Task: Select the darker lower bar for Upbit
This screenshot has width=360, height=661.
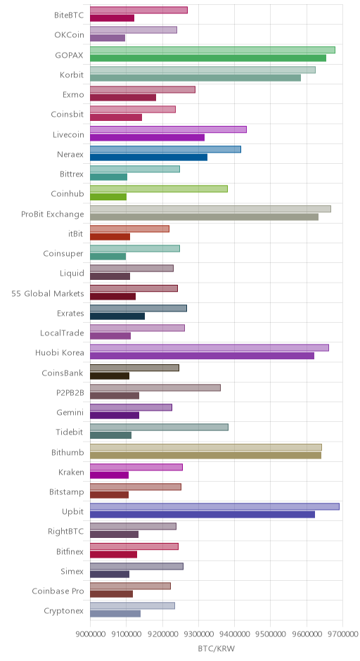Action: [202, 515]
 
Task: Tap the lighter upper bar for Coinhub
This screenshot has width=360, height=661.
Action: [159, 189]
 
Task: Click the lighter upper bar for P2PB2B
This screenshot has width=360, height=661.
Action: [155, 388]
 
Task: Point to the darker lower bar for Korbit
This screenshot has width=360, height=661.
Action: [195, 78]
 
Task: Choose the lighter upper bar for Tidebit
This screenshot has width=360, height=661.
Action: [160, 428]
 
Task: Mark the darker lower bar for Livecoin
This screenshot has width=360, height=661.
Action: [147, 137]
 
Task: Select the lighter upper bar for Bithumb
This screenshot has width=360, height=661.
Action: [206, 447]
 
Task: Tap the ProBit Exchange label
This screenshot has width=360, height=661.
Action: [53, 214]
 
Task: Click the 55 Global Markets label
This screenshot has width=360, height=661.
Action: [48, 293]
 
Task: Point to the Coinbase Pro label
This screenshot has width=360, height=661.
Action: [58, 591]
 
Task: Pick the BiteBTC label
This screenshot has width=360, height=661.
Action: [69, 15]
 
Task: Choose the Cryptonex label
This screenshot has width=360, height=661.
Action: [64, 611]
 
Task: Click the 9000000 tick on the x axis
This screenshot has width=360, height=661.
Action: [90, 633]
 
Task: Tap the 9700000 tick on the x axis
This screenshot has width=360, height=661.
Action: [342, 633]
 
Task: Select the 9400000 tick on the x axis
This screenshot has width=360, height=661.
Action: [234, 633]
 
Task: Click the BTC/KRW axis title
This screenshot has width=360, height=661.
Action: [217, 648]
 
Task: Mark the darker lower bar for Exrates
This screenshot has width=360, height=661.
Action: [117, 316]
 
